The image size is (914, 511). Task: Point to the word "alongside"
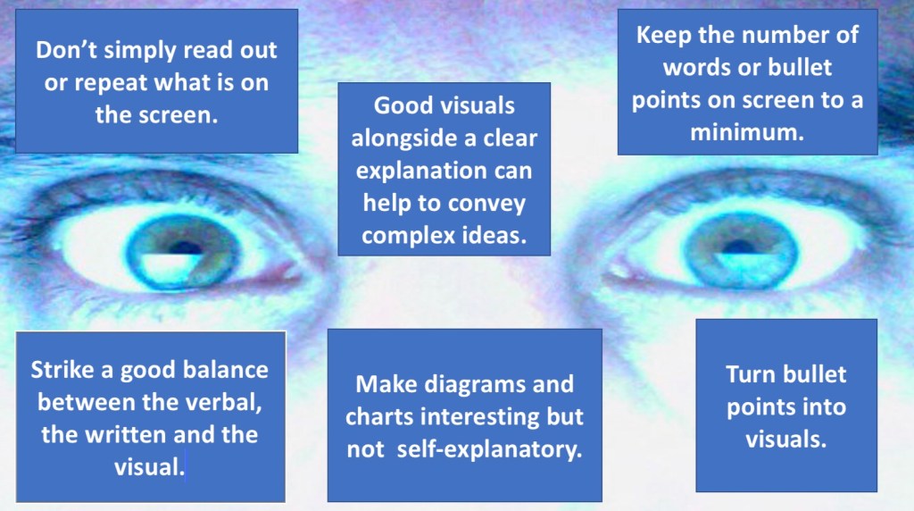tap(404, 139)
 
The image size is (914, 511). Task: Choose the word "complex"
tap(403, 236)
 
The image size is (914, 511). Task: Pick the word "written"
tap(126, 435)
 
